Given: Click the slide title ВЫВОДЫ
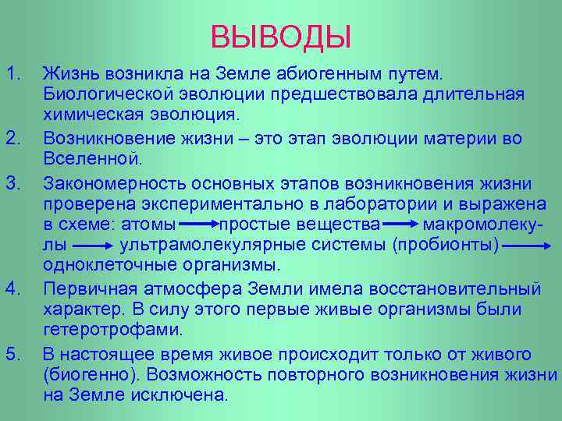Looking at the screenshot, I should click(281, 36).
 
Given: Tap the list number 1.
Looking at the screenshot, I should click(12, 74).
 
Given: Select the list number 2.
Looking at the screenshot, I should click(12, 138).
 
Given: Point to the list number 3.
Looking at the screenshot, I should click(12, 183).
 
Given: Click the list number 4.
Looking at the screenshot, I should click(12, 289).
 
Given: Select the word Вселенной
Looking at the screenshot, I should click(92, 159).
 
